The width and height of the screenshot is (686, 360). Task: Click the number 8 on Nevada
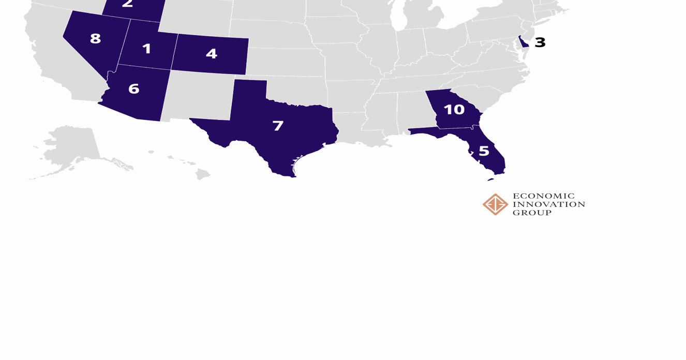tap(95, 39)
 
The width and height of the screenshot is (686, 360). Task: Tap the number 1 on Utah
tap(146, 49)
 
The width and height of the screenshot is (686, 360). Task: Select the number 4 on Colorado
tap(211, 54)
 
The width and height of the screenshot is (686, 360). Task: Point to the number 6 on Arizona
tap(133, 89)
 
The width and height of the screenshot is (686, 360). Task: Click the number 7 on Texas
tap(278, 126)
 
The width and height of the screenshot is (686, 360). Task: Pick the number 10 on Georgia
tap(454, 110)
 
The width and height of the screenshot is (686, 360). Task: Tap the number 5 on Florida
tap(484, 151)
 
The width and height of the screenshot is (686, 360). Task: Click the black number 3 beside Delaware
tap(540, 42)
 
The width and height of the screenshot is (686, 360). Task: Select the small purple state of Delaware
tap(523, 42)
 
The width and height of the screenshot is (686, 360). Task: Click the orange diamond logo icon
tap(495, 204)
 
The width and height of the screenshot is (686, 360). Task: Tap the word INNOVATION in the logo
tap(548, 204)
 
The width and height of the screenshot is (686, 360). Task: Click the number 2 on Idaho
tap(128, 5)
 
